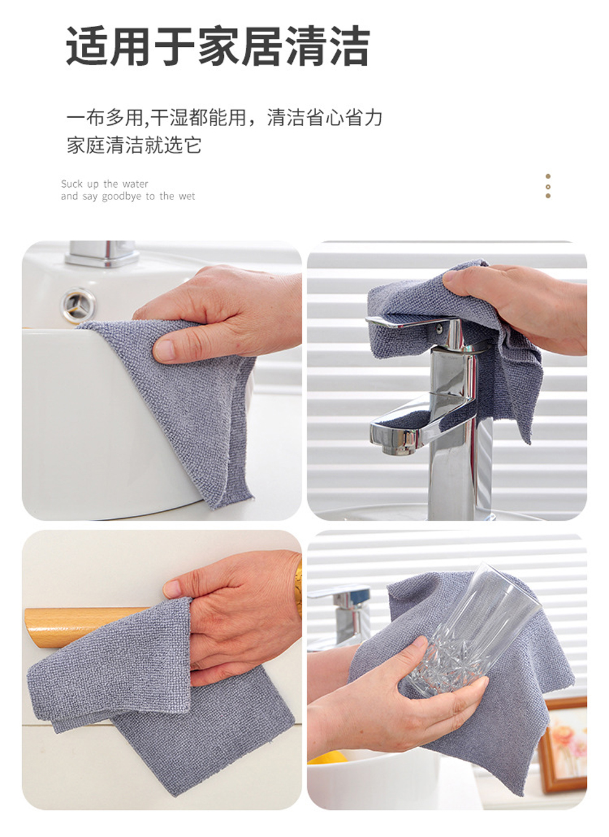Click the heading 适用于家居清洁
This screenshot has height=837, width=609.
pyautogui.click(x=218, y=46)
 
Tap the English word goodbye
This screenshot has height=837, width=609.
pyautogui.click(x=122, y=196)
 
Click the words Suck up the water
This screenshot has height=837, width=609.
pyautogui.click(x=105, y=184)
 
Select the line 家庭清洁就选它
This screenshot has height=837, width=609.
pyautogui.click(x=134, y=145)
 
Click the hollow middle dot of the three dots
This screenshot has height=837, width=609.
pyautogui.click(x=547, y=186)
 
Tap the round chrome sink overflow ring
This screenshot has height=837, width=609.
pyautogui.click(x=78, y=305)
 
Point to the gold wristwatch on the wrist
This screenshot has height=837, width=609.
pyautogui.click(x=298, y=586)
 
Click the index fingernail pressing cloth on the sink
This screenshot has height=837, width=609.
pyautogui.click(x=163, y=350)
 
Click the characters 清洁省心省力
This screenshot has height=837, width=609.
pyautogui.click(x=324, y=118)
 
